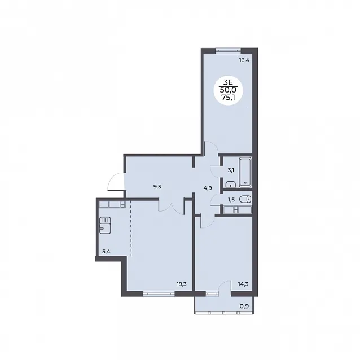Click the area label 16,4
[244, 60]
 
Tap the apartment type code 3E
[228, 82]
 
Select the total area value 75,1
[228, 98]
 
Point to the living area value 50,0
[228, 90]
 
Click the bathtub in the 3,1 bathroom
[245, 172]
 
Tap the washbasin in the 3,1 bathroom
[230, 184]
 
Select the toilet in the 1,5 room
[245, 199]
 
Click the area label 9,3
[157, 187]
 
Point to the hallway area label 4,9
[208, 188]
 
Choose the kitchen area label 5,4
[106, 252]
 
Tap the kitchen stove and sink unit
[105, 225]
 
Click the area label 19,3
[181, 284]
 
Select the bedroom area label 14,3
[243, 284]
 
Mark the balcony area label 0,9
[244, 306]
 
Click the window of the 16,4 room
[228, 51]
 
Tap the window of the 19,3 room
[159, 293]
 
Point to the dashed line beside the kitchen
[131, 229]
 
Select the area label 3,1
[231, 170]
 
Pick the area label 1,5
[231, 200]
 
